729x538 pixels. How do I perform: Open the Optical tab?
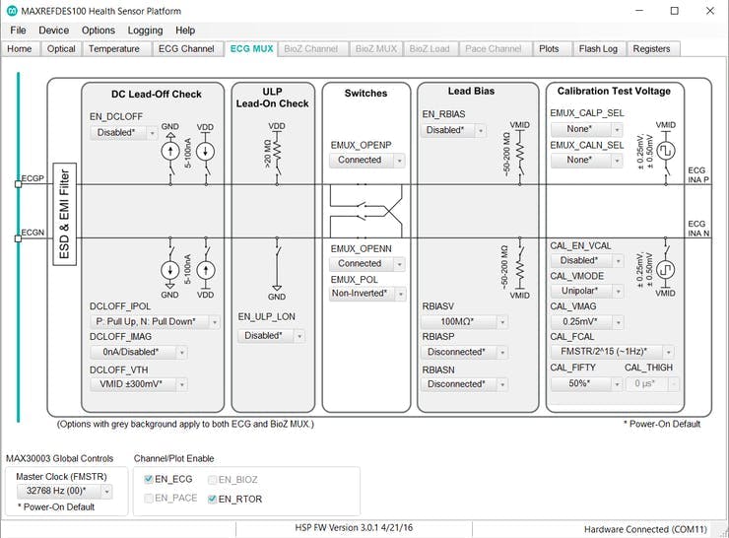pos(61,48)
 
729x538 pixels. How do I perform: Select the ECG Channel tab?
pos(186,48)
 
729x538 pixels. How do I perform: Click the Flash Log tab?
pos(598,48)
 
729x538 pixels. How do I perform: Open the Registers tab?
pos(651,48)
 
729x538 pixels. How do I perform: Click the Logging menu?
pos(145,31)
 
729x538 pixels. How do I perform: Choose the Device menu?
pos(53,31)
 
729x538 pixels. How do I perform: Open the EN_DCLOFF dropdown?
pos(123,132)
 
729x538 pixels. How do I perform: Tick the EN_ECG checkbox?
pos(149,479)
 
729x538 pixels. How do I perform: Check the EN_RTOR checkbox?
pos(213,499)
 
